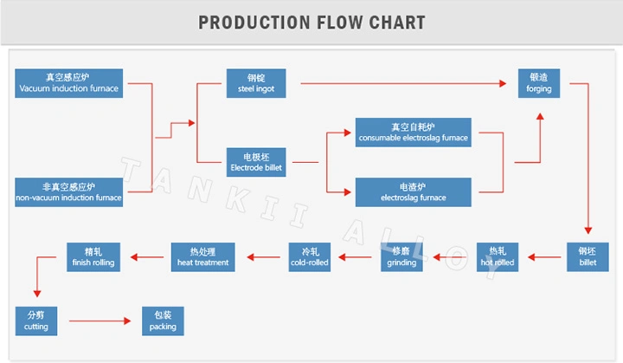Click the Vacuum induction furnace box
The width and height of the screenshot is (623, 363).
click(x=69, y=83)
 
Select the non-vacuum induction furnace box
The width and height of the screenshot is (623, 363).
click(x=69, y=192)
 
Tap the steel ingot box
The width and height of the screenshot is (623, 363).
click(x=256, y=83)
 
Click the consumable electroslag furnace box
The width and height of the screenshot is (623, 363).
click(x=413, y=132)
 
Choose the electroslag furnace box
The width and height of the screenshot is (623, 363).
click(x=413, y=192)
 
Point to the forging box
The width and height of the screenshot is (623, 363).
click(x=538, y=83)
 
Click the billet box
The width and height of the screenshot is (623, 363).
click(x=588, y=256)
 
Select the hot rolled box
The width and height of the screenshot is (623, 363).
click(x=498, y=256)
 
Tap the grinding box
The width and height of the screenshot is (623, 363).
click(x=401, y=256)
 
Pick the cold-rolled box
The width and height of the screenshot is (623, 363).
click(x=310, y=256)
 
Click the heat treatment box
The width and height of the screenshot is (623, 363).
click(x=202, y=256)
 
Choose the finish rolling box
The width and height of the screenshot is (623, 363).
click(x=93, y=256)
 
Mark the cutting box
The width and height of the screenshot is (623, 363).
click(x=36, y=321)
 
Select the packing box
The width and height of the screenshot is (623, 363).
click(x=163, y=321)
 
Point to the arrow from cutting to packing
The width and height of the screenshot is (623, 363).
click(x=100, y=321)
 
